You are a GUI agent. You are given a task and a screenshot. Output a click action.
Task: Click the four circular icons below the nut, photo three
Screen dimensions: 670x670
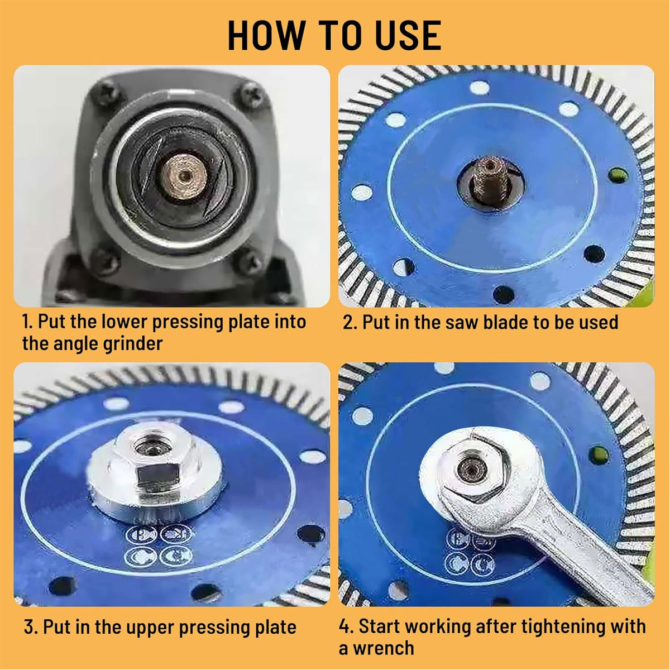point(160,544)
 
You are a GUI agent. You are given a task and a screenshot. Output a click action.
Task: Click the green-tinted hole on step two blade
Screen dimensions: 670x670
point(616,177)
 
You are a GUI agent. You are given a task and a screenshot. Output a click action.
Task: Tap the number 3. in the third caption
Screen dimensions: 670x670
point(31,627)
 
